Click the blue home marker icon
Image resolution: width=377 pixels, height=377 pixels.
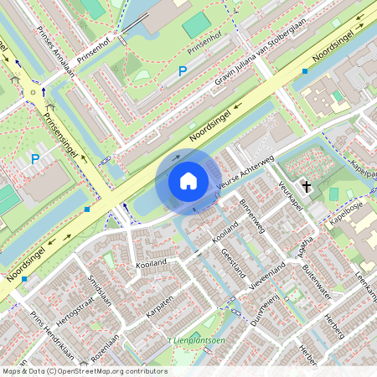pyautogui.click(x=188, y=181)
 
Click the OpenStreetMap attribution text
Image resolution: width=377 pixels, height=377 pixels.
pyautogui.click(x=84, y=371)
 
